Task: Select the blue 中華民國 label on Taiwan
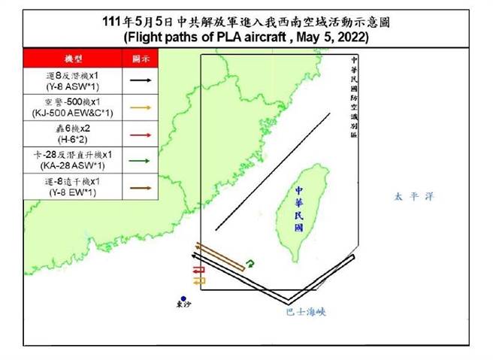pyautogui.click(x=299, y=210)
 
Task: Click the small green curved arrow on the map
pyautogui.click(x=251, y=262)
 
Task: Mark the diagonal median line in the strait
pyautogui.click(x=272, y=171)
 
